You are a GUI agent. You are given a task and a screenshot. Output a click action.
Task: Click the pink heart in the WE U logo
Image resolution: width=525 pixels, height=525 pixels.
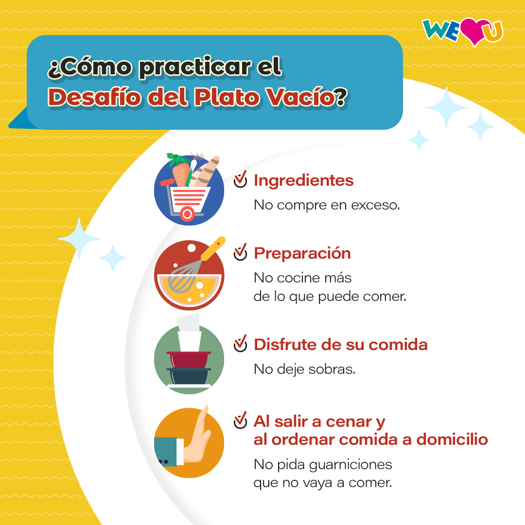pos(473,31)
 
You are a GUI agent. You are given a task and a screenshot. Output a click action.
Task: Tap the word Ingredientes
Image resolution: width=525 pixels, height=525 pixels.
pos(303,180)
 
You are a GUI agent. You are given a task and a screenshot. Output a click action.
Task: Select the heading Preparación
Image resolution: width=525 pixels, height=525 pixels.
pos(302,253)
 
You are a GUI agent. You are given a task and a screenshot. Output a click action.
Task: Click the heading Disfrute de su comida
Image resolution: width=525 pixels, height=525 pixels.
pos(340,345)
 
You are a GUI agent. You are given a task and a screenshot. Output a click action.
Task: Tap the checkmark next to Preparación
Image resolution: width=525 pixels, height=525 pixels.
pos(240,252)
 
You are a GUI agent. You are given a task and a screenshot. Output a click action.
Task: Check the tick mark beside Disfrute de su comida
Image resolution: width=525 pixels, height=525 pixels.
pos(240,344)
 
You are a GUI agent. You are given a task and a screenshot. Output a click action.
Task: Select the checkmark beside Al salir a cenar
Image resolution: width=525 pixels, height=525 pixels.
pos(240,420)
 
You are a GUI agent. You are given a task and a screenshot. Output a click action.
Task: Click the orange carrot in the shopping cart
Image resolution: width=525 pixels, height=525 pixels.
pos(180,174)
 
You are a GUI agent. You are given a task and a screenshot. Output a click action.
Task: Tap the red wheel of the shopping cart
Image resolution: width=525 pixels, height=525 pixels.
pos(188,213)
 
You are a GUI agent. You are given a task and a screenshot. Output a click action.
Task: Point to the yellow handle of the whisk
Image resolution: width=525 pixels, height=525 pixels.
pos(213,248)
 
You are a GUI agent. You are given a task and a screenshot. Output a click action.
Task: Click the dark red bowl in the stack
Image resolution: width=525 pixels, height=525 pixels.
pos(189,360)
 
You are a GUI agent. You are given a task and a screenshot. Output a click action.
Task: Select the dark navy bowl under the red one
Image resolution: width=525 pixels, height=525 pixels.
pos(189,376)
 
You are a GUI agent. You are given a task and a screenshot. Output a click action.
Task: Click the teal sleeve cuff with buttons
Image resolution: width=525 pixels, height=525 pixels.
pos(166,451)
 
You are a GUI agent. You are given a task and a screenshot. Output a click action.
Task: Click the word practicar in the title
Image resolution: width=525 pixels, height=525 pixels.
pos(195,68)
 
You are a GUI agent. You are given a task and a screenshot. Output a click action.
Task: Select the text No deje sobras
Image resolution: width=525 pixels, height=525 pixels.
pos(304,369)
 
